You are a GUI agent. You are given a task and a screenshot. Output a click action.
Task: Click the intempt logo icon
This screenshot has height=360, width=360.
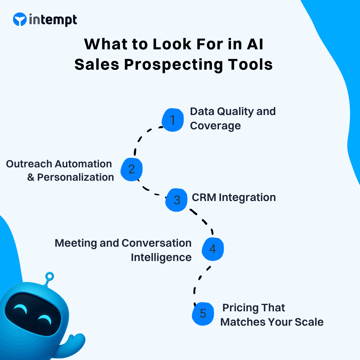pos(20,20)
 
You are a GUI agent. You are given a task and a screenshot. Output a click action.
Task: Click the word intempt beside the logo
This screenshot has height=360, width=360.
pos(53,20)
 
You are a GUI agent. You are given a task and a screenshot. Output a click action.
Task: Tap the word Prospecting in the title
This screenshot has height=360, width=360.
pos(173,64)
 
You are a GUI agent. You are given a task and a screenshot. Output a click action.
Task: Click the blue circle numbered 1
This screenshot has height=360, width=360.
pos(173,120)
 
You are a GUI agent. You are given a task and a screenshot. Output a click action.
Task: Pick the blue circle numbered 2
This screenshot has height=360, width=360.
pos(132,169)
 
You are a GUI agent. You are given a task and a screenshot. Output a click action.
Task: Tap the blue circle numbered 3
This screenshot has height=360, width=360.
pos(177,200)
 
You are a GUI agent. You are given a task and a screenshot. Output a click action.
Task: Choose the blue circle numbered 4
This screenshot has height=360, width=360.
pos(213,249)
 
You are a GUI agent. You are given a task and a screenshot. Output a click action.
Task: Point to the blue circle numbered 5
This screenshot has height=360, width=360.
pos(203,314)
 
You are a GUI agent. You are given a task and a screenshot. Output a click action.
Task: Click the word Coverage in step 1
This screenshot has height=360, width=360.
pos(215,126)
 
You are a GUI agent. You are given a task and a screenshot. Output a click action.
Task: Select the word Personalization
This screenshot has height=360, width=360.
pos(75,177)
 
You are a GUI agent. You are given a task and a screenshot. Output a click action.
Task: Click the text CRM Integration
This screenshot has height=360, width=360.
pos(234,197)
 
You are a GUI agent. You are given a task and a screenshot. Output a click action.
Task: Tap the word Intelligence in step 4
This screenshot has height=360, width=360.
pos(161,257)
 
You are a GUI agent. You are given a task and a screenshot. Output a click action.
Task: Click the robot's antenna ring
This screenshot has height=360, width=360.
pos(50,276)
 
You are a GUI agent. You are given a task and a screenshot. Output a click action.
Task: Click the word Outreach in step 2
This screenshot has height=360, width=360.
pos(29,164)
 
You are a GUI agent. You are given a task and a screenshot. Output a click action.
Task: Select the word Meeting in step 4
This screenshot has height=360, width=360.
pos(76,243)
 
